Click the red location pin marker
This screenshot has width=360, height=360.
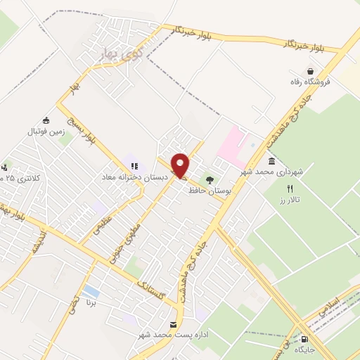[x=181, y=165]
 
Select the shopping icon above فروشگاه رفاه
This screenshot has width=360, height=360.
[x=310, y=70]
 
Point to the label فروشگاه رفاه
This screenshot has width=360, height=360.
[x=310, y=82]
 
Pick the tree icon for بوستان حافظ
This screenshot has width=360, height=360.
[x=210, y=178]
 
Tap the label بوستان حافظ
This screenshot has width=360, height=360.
[x=209, y=189]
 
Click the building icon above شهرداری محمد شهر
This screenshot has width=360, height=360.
[x=272, y=161]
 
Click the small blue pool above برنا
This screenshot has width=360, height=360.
[x=90, y=291]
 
